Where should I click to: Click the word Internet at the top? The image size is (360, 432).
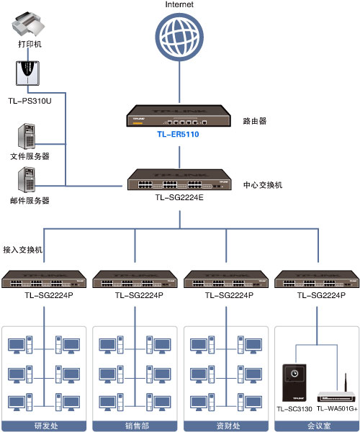pyautogui.click(x=179, y=5)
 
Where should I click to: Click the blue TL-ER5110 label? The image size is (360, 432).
pyautogui.click(x=178, y=134)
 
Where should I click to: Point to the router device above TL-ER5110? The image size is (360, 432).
pyautogui.click(x=179, y=117)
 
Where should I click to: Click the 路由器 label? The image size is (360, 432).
pyautogui.click(x=255, y=122)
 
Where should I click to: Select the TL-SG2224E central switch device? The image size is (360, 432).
pyautogui.click(x=179, y=179)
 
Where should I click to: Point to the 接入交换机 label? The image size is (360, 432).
pyautogui.click(x=23, y=250)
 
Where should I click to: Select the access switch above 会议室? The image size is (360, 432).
pyautogui.click(x=316, y=279)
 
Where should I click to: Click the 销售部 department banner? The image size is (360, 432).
pyautogui.click(x=135, y=426)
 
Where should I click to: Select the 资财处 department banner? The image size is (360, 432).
pyautogui.click(x=225, y=426)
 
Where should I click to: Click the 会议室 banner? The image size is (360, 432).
pyautogui.click(x=316, y=426)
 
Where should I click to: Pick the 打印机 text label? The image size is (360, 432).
pyautogui.click(x=30, y=45)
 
